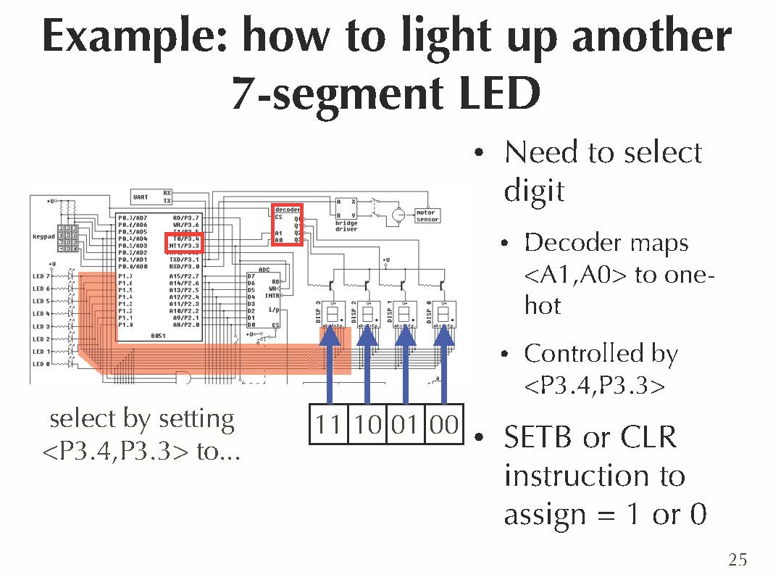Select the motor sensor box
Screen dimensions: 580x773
coord(427,216)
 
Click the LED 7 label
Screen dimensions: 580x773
coord(41,276)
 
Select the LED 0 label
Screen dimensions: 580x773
coord(41,364)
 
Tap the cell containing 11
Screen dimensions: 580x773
coord(328,424)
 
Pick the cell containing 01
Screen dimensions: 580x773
coord(405,424)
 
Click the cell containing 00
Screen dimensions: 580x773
coord(443,424)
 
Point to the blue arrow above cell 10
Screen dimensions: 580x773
coord(367,362)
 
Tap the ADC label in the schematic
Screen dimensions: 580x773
coord(264,269)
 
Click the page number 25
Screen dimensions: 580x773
coord(738,559)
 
